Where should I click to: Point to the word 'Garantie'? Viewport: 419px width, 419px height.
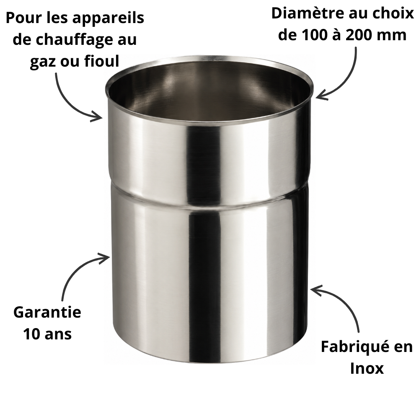point(47,312)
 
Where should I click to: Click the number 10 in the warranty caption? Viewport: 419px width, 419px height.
point(32,334)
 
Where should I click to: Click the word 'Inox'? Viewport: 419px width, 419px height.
point(367,368)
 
